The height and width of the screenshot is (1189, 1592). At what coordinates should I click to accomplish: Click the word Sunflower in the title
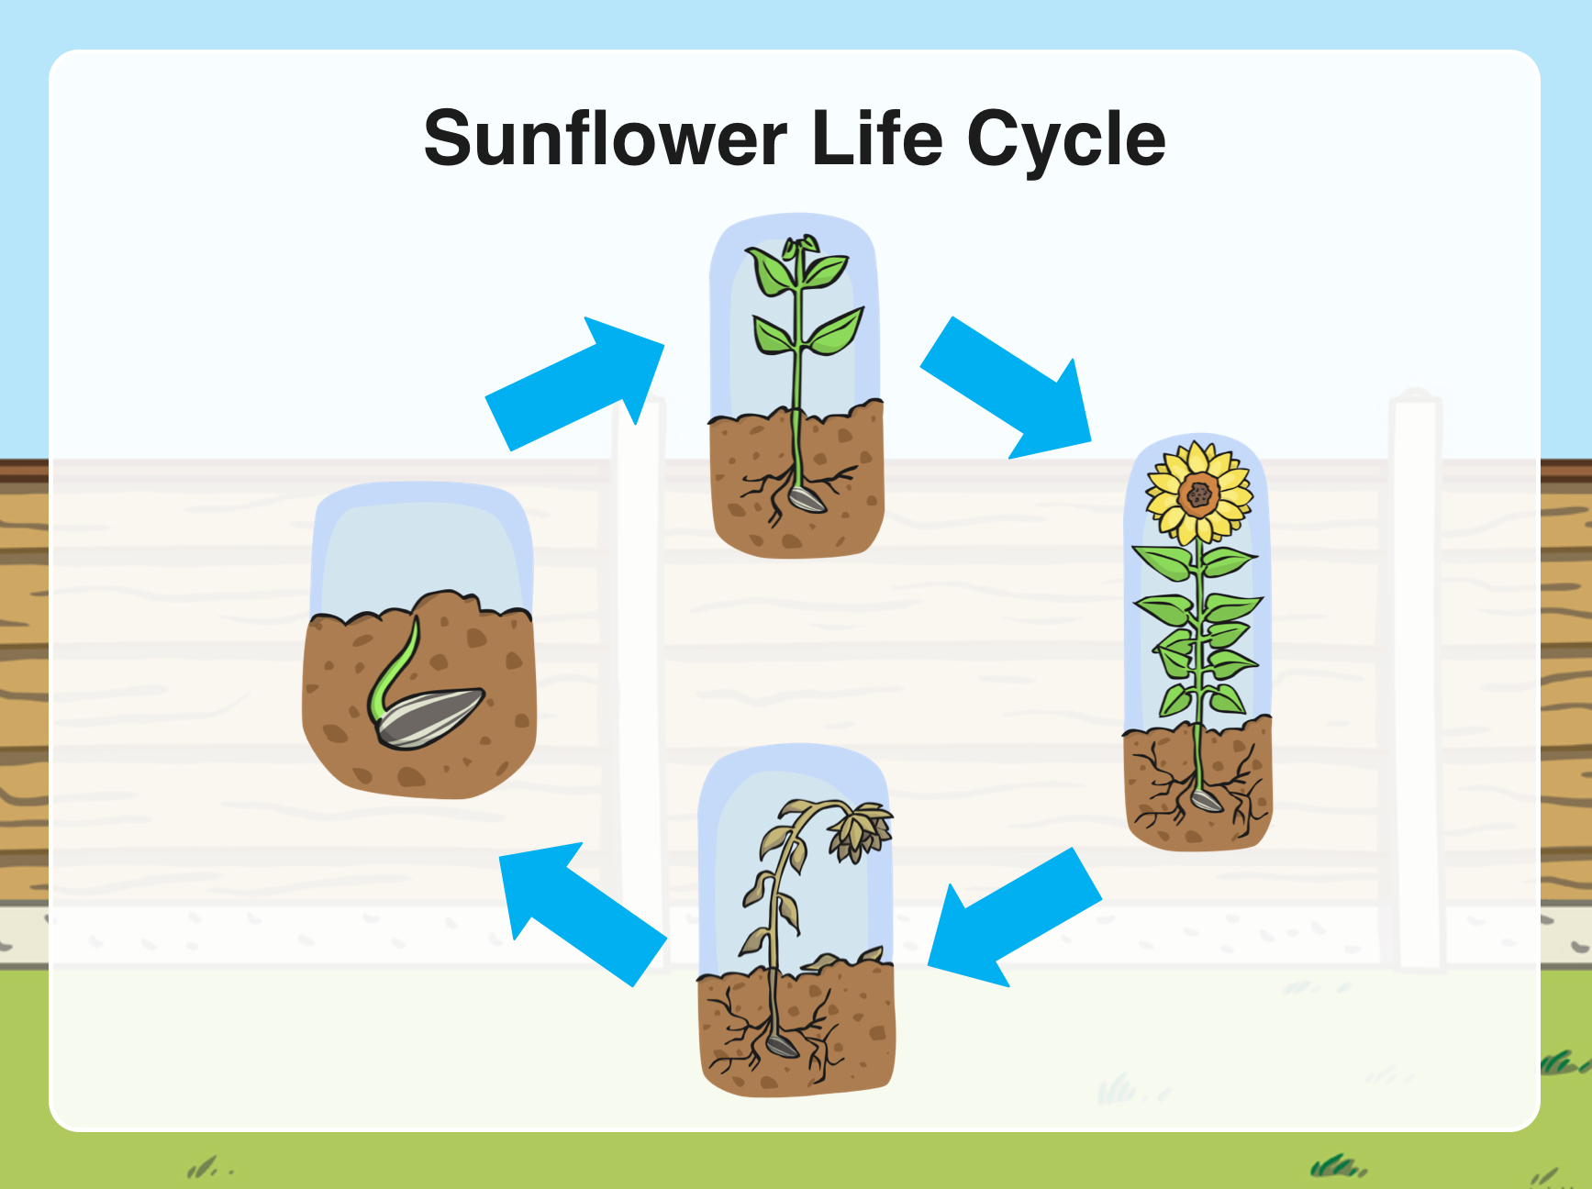point(606,139)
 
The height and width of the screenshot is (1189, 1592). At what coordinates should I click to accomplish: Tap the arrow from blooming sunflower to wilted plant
point(1015,917)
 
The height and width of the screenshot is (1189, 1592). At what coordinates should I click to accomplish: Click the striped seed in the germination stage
point(429,717)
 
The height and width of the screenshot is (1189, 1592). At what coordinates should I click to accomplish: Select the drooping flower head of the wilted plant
point(860,831)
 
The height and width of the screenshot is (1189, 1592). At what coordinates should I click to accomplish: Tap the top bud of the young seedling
point(799,245)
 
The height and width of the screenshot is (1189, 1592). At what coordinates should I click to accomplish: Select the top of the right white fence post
point(1416,397)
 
